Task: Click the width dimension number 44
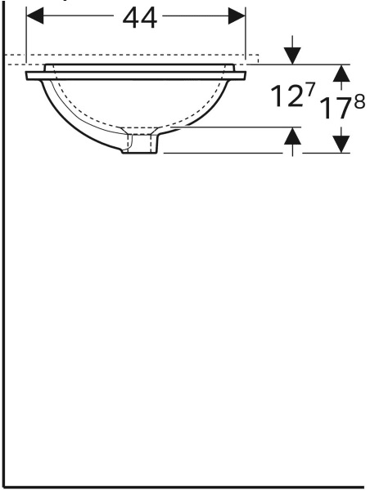point(140,19)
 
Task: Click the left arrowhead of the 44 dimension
point(35,16)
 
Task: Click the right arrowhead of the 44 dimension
point(237,16)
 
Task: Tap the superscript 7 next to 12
point(309,90)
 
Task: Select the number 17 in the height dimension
point(336,109)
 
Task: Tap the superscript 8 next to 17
point(359,102)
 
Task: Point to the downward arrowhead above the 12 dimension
point(292,56)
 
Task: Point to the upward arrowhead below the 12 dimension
point(292,136)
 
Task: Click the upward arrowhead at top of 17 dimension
point(341,74)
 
